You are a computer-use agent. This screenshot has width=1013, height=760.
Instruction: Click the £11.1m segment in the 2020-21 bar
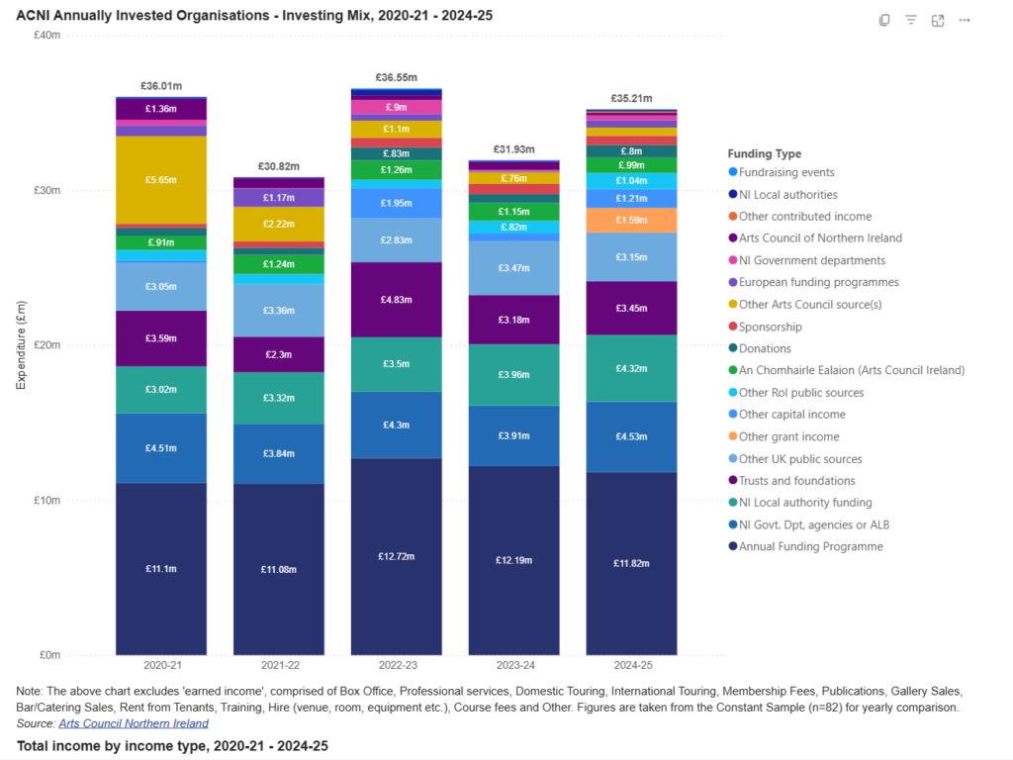click(160, 569)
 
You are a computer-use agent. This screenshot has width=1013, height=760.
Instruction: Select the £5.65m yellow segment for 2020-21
click(160, 180)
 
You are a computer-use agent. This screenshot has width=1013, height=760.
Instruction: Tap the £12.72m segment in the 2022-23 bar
click(396, 556)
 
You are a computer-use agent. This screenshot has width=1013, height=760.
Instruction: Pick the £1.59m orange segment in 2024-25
click(631, 220)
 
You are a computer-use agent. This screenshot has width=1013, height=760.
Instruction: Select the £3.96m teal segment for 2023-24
click(513, 375)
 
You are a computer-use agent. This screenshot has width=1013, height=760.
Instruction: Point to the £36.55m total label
click(396, 77)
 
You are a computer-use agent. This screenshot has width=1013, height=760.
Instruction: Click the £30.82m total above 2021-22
click(278, 166)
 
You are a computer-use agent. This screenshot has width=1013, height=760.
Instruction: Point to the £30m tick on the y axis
click(46, 190)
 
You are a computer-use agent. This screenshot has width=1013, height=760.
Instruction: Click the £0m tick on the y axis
click(49, 655)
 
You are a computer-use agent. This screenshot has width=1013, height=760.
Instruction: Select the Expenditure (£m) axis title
click(21, 345)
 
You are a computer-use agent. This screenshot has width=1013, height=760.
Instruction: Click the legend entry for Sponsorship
click(770, 327)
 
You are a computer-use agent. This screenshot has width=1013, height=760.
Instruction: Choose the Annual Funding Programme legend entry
click(810, 546)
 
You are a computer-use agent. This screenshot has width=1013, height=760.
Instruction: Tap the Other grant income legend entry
click(788, 436)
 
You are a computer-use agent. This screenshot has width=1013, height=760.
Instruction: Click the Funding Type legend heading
click(764, 153)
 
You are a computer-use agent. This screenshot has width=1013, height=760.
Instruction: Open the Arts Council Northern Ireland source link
click(134, 723)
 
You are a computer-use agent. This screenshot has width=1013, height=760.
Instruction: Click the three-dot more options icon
click(965, 20)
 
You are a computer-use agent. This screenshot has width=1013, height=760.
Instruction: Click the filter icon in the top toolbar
click(911, 20)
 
